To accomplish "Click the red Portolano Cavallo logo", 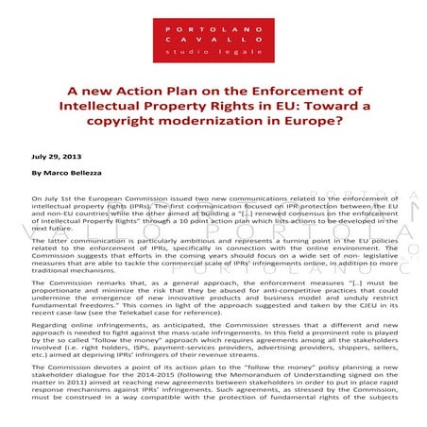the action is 213,40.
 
